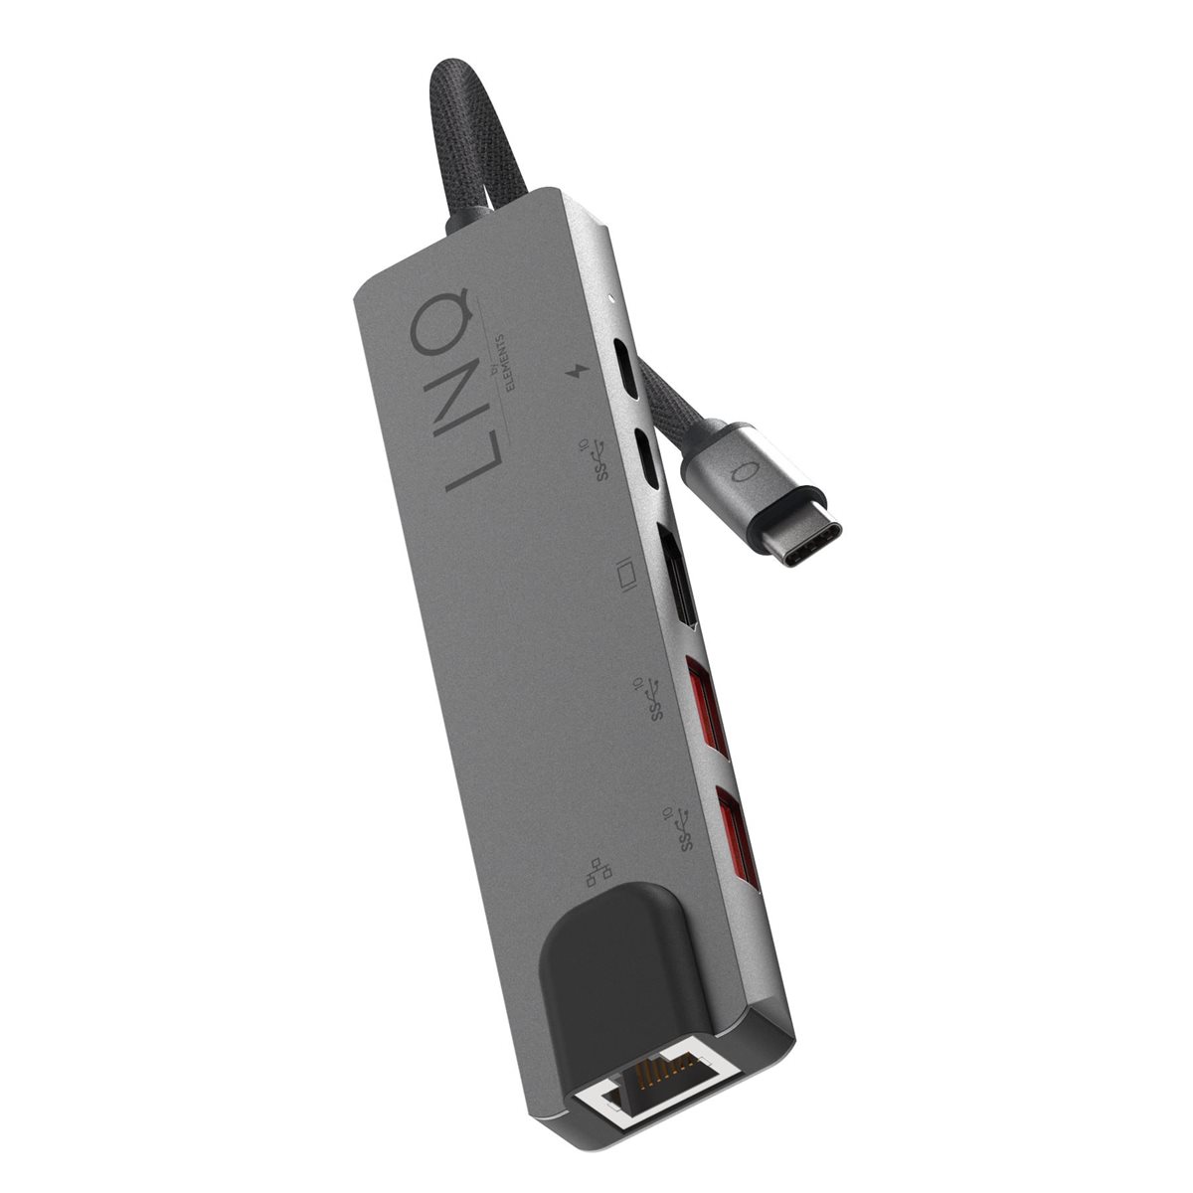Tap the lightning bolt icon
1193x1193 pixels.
pyautogui.click(x=576, y=372)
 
